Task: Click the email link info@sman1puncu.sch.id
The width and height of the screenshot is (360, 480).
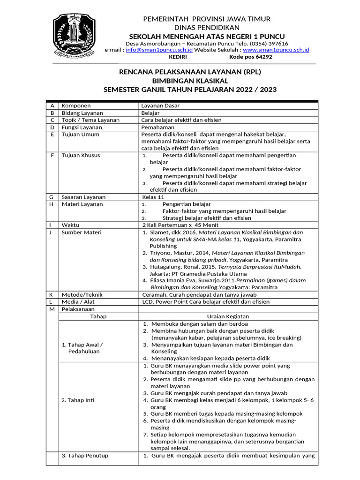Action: (159, 50)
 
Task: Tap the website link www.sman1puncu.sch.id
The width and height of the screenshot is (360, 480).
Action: (276, 50)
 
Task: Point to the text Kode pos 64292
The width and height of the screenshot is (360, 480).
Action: (250, 57)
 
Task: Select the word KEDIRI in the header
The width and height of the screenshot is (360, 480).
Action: (178, 57)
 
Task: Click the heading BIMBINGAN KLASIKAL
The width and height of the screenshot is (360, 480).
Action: (190, 81)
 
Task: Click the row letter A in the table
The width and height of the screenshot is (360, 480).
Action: (52, 106)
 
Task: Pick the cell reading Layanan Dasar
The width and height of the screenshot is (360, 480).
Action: (160, 106)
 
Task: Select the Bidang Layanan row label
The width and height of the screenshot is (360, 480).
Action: (82, 113)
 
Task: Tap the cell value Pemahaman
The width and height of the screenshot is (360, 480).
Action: (158, 127)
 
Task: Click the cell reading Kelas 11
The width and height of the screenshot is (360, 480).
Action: (153, 197)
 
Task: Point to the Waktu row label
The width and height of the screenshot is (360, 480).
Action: (71, 225)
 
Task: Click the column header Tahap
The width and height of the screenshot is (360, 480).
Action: (98, 316)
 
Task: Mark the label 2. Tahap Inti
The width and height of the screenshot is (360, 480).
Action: (78, 400)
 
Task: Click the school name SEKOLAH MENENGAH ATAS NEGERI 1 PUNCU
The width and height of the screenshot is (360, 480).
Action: (207, 37)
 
